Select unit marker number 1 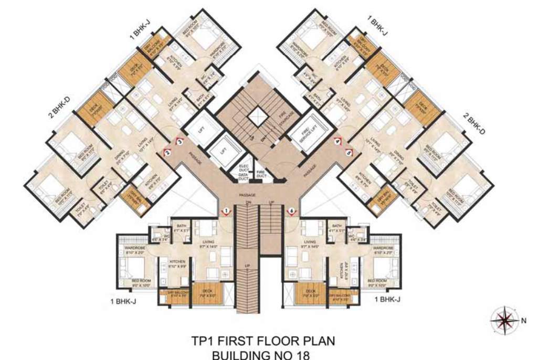226,211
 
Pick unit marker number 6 292,211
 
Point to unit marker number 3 179,141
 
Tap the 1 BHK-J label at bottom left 124,301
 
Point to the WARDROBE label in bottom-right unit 383,247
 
